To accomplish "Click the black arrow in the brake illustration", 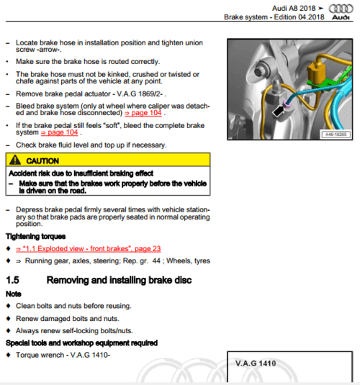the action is point(278,112).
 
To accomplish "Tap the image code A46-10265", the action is point(336,135).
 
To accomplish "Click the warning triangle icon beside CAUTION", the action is point(15,160).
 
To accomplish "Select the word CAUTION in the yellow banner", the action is point(42,160).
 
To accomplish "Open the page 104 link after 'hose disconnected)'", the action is point(143,113).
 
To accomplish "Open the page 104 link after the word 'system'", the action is point(59,132).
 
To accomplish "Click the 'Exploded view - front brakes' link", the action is point(89,249).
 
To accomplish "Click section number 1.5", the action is point(12,280).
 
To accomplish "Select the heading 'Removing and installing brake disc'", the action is point(119,280).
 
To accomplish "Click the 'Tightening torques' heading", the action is point(35,237).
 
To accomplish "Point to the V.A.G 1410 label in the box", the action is point(256,363).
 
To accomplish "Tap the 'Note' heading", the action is point(14,294).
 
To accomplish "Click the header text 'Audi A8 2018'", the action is point(294,9).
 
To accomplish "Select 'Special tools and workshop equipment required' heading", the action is point(81,343).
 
